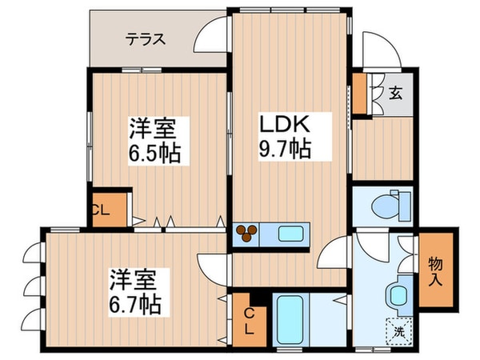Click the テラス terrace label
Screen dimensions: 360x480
click(144, 38)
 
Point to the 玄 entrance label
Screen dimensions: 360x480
click(395, 93)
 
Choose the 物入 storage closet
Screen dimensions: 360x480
click(438, 270)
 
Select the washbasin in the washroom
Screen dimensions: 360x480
click(398, 294)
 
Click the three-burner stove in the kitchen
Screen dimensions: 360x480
click(248, 234)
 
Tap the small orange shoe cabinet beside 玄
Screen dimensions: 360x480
click(359, 93)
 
